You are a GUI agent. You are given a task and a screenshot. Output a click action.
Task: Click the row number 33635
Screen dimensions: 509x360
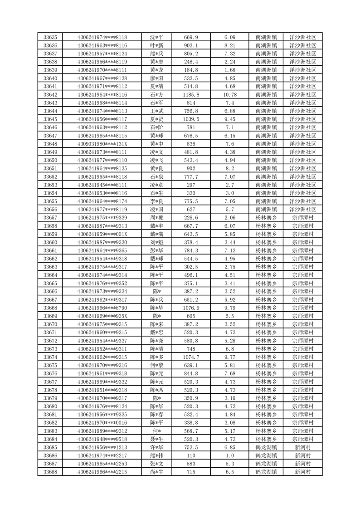coord(50,37)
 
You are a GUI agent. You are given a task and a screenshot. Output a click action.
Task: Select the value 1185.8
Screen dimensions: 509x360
coord(191,95)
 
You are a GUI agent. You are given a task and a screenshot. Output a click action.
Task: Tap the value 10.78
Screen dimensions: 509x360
coord(230,95)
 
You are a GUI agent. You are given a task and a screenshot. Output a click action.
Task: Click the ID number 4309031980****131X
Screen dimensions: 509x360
coord(102,144)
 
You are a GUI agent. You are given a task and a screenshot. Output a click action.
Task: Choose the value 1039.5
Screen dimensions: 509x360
coord(191,119)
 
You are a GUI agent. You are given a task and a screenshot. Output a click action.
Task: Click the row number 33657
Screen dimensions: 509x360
coord(50,218)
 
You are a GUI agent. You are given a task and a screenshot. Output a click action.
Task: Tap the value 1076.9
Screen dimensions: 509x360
coord(191,308)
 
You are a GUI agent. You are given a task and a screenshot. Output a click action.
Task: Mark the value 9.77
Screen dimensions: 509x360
coord(230,357)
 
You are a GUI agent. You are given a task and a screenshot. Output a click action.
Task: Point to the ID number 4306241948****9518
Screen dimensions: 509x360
coord(102,439)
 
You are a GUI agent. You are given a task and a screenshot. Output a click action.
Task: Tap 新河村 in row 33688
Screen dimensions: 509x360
coord(302,472)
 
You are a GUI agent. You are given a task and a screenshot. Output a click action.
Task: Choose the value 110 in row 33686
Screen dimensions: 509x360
coord(191,455)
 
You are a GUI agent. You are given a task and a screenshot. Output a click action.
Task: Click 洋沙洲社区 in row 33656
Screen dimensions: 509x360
coord(302,210)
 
